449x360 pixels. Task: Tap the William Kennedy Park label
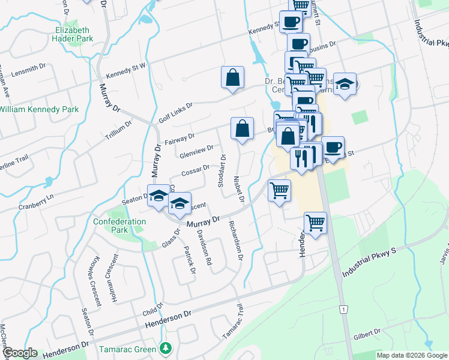39,110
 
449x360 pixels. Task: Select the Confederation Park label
119,226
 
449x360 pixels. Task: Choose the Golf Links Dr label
175,112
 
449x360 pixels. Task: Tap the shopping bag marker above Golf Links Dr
232,78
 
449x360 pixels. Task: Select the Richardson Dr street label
235,242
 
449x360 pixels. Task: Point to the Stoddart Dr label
223,170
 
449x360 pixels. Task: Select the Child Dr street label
152,310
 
